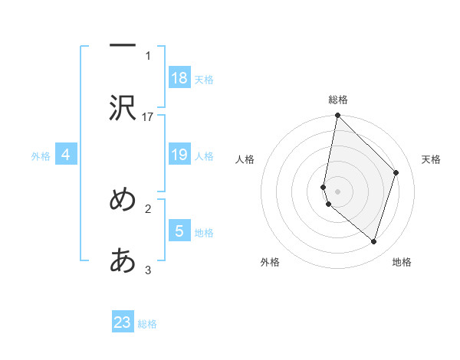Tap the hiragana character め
click(123, 200)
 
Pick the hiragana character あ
click(123, 261)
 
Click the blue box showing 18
click(179, 78)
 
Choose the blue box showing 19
click(179, 155)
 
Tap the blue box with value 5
click(179, 231)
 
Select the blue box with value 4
click(66, 155)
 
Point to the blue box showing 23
click(123, 322)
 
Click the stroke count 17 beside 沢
click(148, 116)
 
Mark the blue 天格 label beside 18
click(203, 79)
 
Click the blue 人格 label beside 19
click(203, 156)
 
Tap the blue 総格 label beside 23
click(147, 323)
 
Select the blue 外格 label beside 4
click(41, 156)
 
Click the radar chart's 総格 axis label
click(338, 100)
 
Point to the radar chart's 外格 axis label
click(270, 262)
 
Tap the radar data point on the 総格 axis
click(338, 116)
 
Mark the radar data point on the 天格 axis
click(396, 172)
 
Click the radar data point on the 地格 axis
click(373, 241)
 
